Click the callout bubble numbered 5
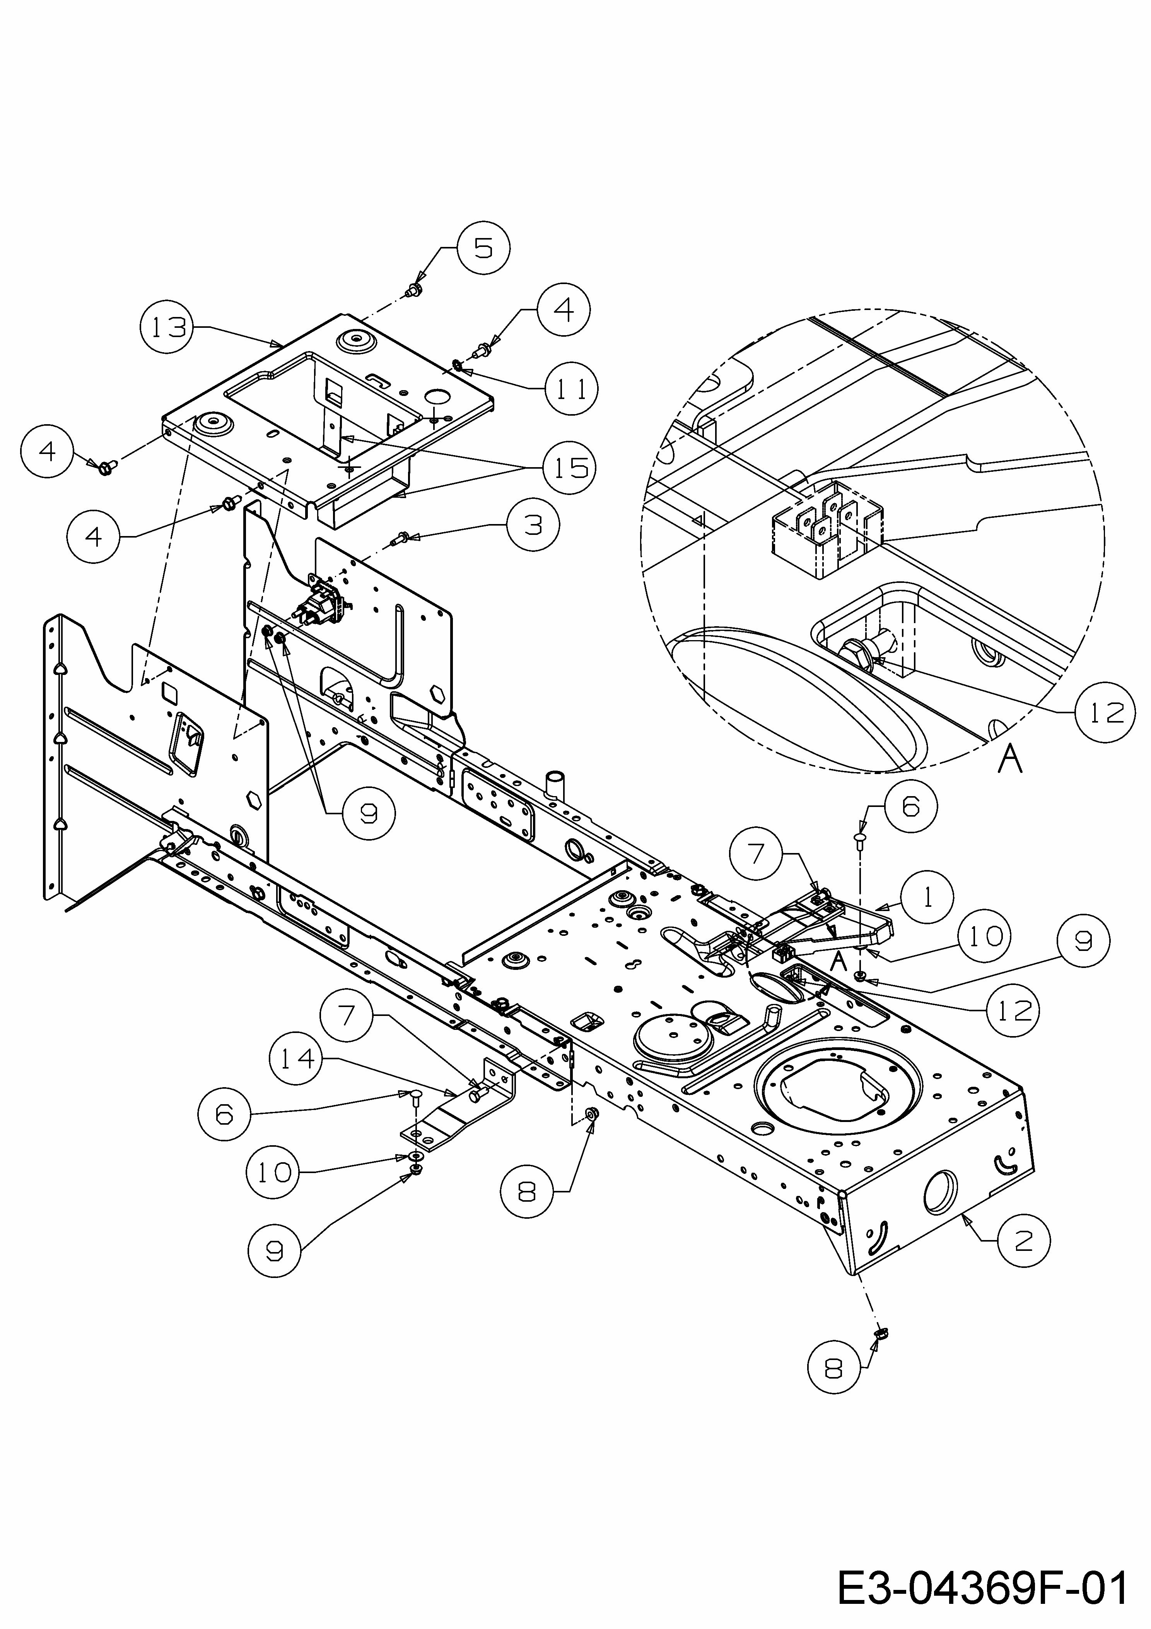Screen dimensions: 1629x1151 coord(483,248)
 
